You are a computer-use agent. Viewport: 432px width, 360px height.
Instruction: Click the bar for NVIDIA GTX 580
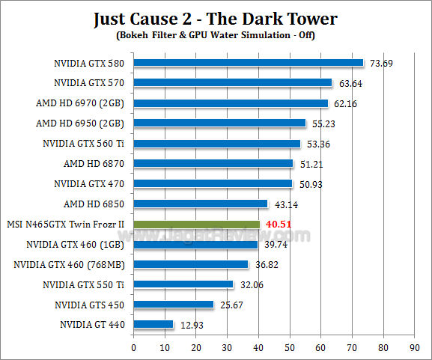click(248, 63)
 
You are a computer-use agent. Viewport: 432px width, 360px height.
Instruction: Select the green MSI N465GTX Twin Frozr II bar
click(196, 224)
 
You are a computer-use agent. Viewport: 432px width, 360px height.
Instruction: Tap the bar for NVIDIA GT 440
click(153, 324)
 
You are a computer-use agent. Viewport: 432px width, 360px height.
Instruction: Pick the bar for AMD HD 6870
click(213, 163)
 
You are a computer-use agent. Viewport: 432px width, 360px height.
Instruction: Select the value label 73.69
click(382, 63)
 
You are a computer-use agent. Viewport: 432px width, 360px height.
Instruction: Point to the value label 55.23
click(323, 123)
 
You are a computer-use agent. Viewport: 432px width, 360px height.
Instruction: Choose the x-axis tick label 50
click(290, 347)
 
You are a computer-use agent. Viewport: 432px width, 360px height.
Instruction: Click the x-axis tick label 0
click(133, 347)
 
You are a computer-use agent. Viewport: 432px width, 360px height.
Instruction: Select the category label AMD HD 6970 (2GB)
click(80, 103)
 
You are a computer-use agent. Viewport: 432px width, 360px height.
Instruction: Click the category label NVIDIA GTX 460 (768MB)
click(69, 264)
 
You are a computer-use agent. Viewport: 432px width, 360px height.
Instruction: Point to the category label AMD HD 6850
click(93, 204)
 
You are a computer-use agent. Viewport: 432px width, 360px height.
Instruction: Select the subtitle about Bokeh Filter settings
click(216, 35)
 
